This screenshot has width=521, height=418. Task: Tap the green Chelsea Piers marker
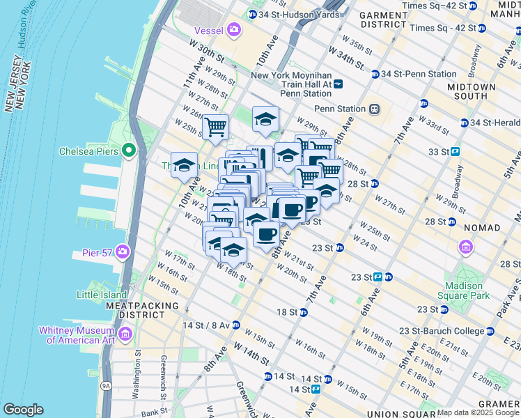[x=128, y=150]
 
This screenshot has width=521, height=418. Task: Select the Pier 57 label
[x=95, y=251]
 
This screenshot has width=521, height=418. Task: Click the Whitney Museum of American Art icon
[x=125, y=335]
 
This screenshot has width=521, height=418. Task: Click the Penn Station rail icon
[x=374, y=109]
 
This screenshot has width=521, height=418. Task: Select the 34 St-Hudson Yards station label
[x=288, y=14]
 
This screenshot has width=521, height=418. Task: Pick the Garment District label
[x=383, y=19]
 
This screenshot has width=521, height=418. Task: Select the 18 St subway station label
[x=287, y=311]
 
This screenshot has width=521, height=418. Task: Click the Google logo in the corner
[x=23, y=410]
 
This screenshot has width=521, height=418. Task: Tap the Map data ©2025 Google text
[x=478, y=412]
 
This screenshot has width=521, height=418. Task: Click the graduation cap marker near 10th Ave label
[x=184, y=166]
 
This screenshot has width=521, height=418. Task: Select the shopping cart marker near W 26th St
[x=216, y=127]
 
